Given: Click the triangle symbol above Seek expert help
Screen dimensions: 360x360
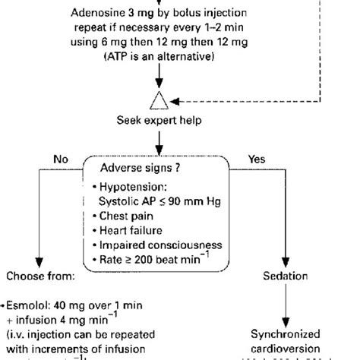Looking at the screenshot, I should pyautogui.click(x=159, y=99).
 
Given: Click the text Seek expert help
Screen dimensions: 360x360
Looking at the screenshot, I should pyautogui.click(x=159, y=120).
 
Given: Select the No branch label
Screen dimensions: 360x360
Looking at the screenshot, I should pyautogui.click(x=61, y=159).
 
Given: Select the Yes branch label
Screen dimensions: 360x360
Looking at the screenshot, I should pyautogui.click(x=257, y=159).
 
